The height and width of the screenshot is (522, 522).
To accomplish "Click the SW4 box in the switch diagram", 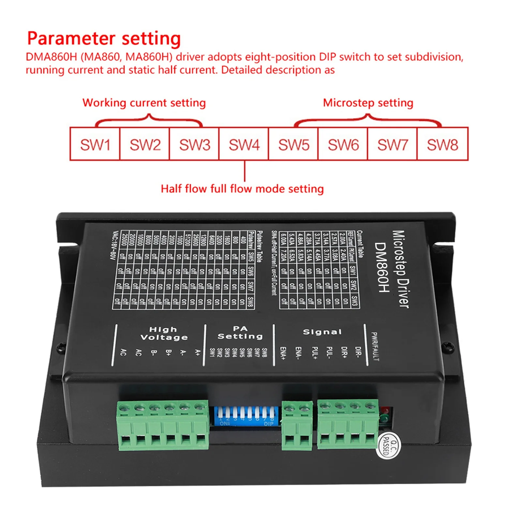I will click(244, 144).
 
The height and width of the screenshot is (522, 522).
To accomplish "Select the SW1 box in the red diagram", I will click(95, 144).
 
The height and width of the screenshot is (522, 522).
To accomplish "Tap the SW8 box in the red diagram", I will click(442, 144).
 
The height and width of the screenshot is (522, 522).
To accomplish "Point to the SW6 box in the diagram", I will click(343, 144).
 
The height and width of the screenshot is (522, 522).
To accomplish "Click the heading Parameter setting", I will click(104, 38).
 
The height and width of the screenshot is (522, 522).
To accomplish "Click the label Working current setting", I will click(144, 103).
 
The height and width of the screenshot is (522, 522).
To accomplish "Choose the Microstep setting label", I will click(368, 103).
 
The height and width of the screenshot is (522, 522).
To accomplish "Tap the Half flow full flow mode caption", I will click(242, 189).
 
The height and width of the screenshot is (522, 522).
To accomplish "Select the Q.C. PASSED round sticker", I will click(388, 446).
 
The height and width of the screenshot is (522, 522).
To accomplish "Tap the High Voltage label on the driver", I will click(164, 333).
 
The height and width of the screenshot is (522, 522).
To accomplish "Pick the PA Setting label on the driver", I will click(240, 333).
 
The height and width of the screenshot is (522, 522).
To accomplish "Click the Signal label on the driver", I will click(322, 332).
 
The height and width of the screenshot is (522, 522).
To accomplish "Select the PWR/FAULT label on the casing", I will click(375, 346).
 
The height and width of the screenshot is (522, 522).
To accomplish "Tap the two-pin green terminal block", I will click(297, 425).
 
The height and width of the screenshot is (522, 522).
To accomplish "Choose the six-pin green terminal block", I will click(163, 425).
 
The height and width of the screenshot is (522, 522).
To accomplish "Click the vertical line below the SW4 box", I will click(245, 171).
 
